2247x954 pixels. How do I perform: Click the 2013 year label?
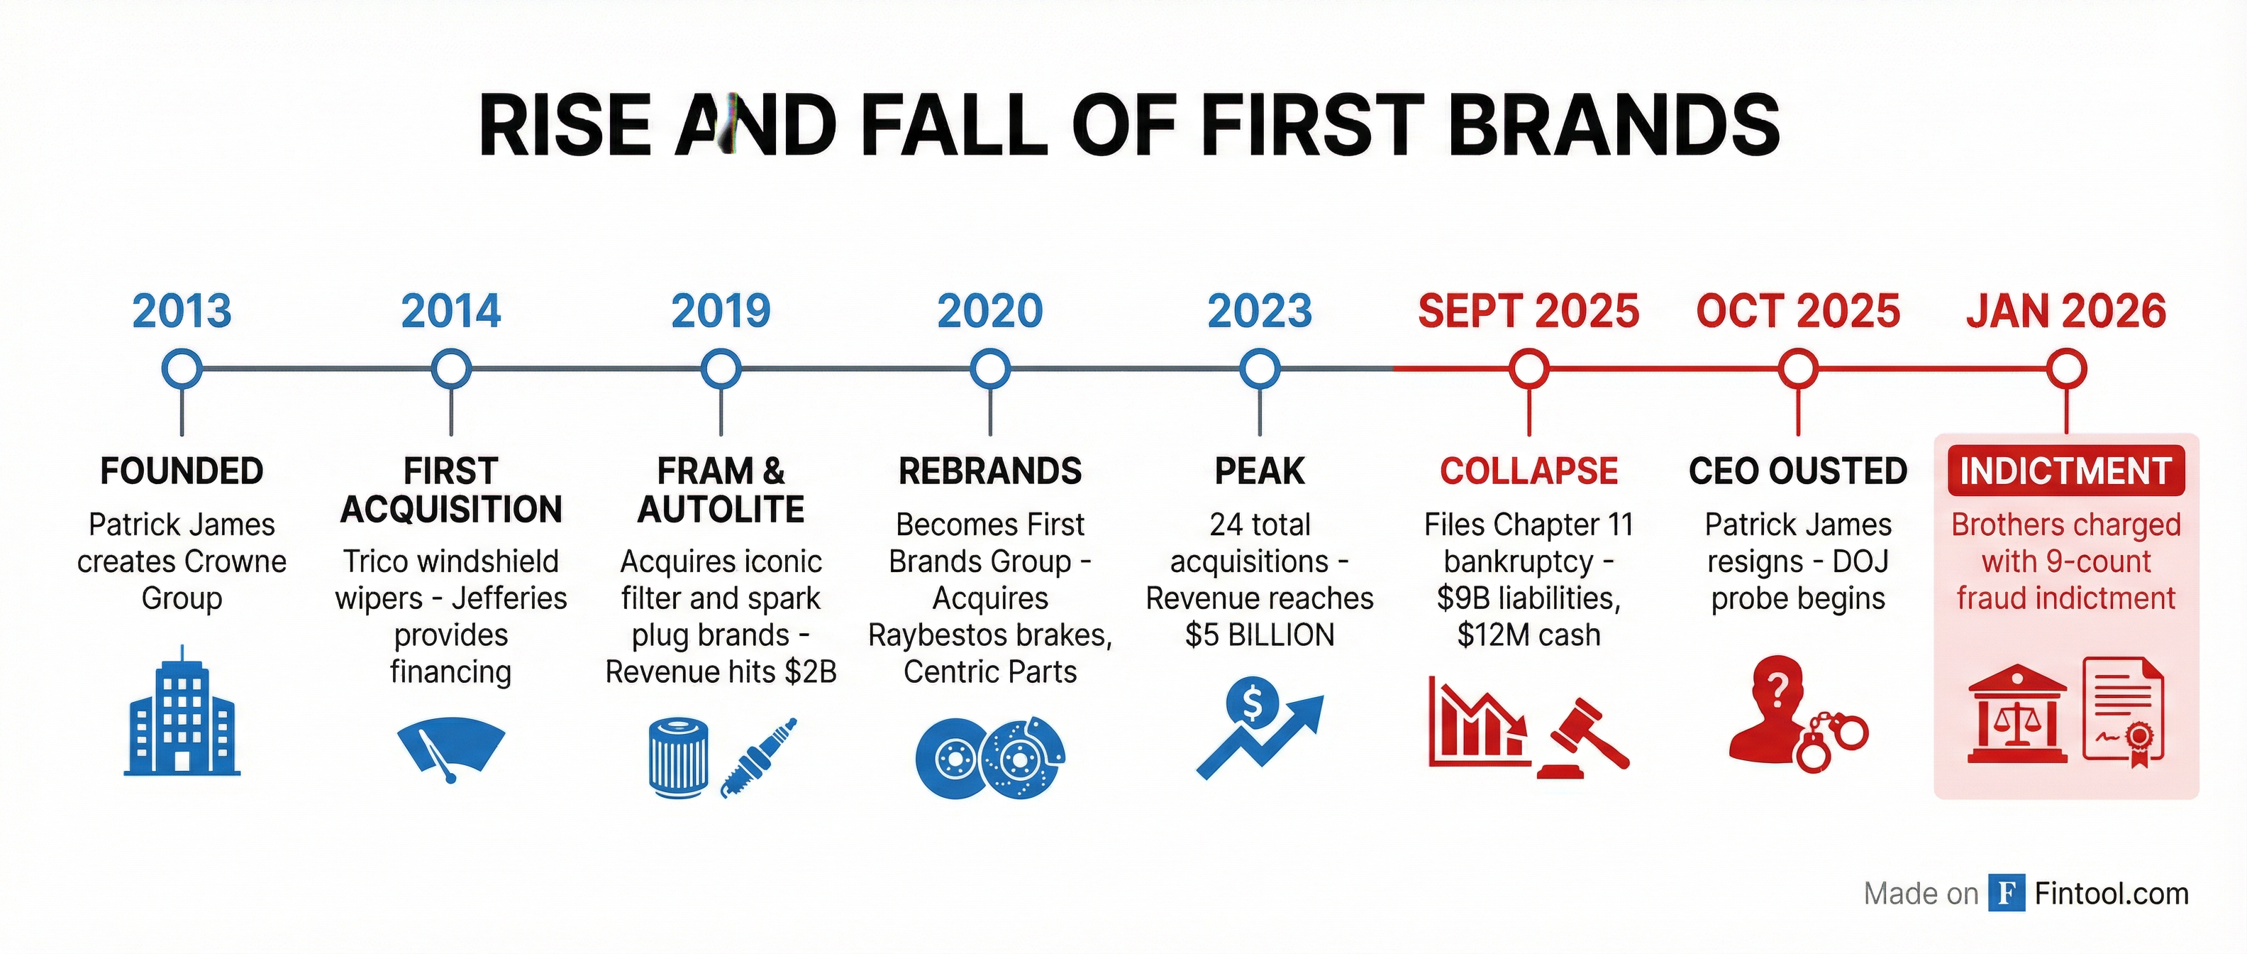click(x=182, y=312)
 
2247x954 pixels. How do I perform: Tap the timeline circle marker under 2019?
click(x=721, y=369)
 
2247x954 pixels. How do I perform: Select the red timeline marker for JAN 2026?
click(x=2066, y=369)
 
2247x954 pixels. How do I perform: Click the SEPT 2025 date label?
click(x=1528, y=312)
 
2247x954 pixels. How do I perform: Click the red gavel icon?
click(x=1584, y=738)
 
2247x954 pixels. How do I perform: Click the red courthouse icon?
click(x=2016, y=715)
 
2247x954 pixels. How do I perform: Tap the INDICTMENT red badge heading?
click(x=2065, y=471)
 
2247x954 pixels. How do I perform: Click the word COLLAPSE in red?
click(x=1528, y=471)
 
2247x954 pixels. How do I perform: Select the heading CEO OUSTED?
click(x=1798, y=471)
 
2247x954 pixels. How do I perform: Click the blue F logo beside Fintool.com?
click(x=2007, y=893)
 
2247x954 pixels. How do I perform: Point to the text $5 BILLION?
click(x=1260, y=635)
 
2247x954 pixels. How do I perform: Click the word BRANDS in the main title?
click(x=1613, y=126)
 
